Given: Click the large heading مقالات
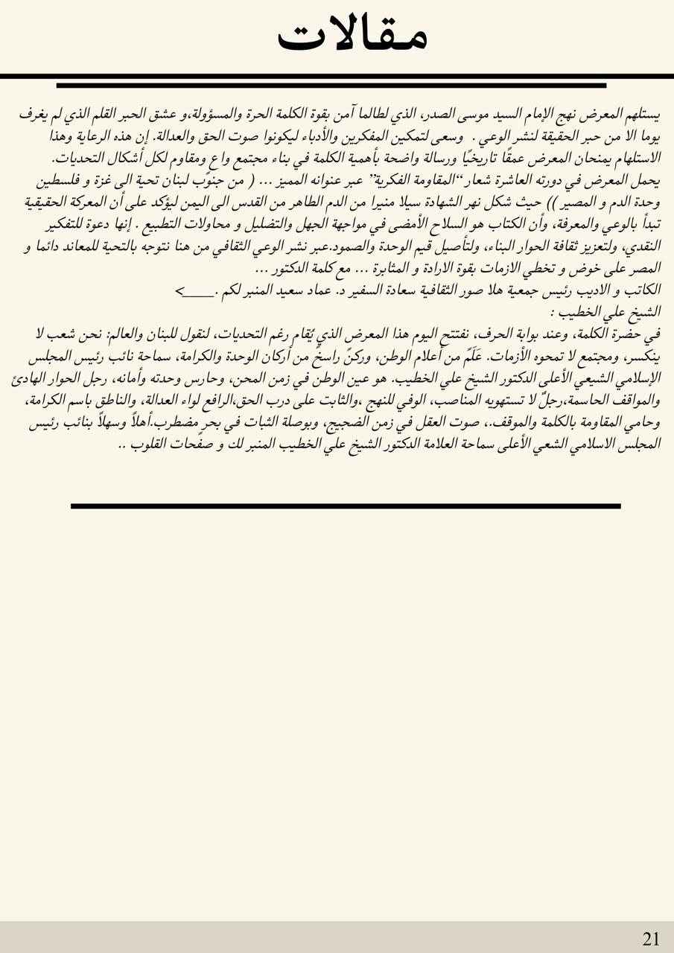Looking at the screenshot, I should tap(352, 34).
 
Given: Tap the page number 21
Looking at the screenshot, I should tap(650, 939).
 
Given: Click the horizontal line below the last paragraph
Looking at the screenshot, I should tap(346, 506).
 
